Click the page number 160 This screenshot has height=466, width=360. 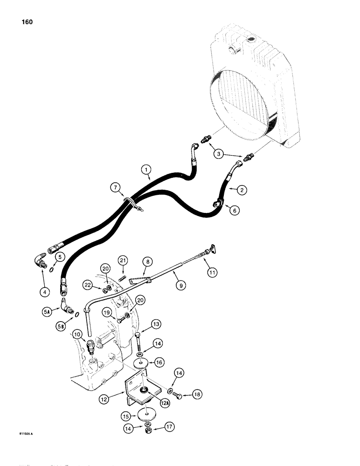coord(26,22)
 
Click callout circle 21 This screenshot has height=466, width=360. coord(123,259)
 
